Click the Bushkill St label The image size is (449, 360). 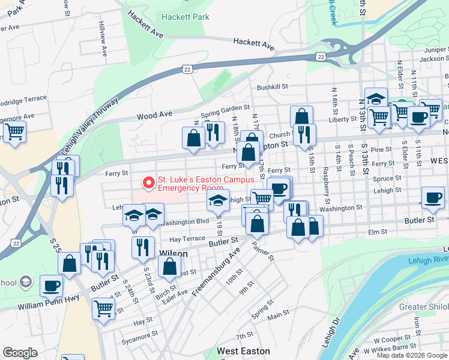click(273, 87)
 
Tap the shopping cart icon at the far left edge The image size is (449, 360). click(14, 131)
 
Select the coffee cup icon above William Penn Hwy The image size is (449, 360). click(51, 286)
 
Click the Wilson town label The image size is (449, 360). click(173, 254)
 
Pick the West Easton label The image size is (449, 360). click(243, 351)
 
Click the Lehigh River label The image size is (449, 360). click(429, 258)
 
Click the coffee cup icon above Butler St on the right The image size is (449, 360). click(432, 198)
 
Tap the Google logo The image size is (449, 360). click(20, 353)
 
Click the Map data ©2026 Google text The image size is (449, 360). click(412, 355)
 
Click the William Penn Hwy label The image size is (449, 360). click(48, 306)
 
